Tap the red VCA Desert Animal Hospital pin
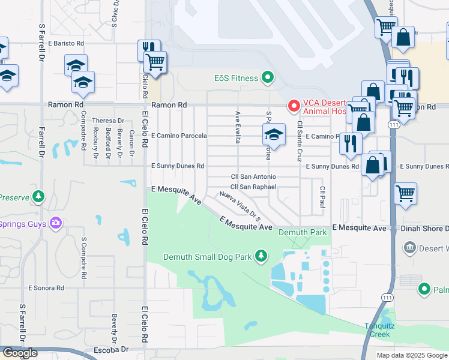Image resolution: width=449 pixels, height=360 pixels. tap(294, 106)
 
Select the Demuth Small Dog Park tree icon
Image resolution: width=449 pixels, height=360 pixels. tap(261, 257)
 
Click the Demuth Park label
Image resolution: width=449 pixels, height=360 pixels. tap(303, 232)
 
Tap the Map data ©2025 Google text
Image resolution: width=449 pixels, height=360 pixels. tap(412, 355)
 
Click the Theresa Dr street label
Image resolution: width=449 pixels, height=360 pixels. tap(108, 121)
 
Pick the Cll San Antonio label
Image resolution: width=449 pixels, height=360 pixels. tap(253, 177)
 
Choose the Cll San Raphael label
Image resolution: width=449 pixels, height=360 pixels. tap(253, 187)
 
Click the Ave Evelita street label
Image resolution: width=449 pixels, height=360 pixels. tap(238, 127)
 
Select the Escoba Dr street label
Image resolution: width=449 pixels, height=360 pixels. tap(112, 349)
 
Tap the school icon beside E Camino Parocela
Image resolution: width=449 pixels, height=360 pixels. tap(274, 134)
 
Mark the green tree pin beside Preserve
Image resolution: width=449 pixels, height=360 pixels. tap(38, 196)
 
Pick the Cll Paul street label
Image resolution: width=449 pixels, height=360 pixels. tap(322, 197)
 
